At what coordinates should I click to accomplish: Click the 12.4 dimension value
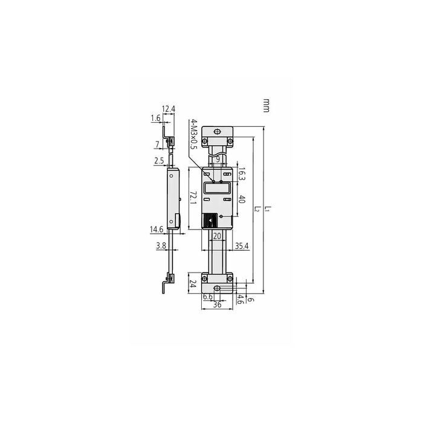click(x=169, y=109)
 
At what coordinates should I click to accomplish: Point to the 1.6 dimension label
click(x=156, y=118)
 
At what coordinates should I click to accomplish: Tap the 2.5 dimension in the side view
click(x=159, y=161)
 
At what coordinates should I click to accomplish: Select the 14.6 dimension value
click(x=157, y=229)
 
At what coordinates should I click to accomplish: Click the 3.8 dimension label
click(x=161, y=245)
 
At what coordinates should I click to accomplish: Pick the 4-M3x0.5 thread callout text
click(x=194, y=134)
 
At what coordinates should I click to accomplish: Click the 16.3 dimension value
click(x=242, y=174)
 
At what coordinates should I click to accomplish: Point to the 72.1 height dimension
click(x=193, y=198)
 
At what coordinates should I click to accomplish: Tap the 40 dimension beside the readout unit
click(x=242, y=199)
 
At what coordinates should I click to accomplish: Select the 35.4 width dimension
click(x=242, y=246)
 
